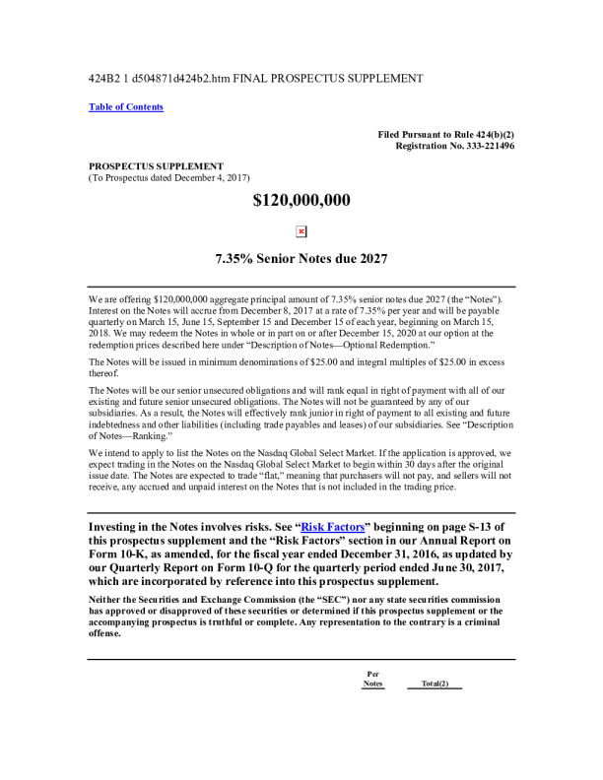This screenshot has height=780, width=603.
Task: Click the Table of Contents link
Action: coord(126,107)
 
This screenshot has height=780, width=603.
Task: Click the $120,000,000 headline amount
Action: coord(301,201)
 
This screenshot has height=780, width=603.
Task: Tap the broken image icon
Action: coord(301,231)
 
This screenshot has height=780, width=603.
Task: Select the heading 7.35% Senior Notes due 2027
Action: coord(301,260)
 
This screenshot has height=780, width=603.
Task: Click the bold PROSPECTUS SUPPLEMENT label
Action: coord(156,165)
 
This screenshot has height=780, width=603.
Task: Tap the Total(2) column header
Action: coord(435,683)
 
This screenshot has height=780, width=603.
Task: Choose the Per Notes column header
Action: coord(372,679)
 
